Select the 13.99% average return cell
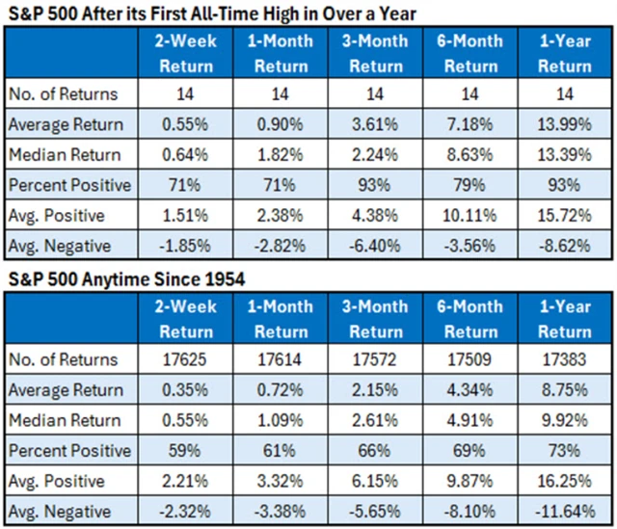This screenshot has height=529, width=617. point(565,124)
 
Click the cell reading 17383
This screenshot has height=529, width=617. point(565,360)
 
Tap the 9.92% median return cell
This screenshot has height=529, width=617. point(565,420)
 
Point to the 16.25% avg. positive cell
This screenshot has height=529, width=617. point(565,480)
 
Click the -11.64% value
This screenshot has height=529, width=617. point(565,510)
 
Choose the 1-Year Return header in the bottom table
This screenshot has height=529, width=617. point(565,319)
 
